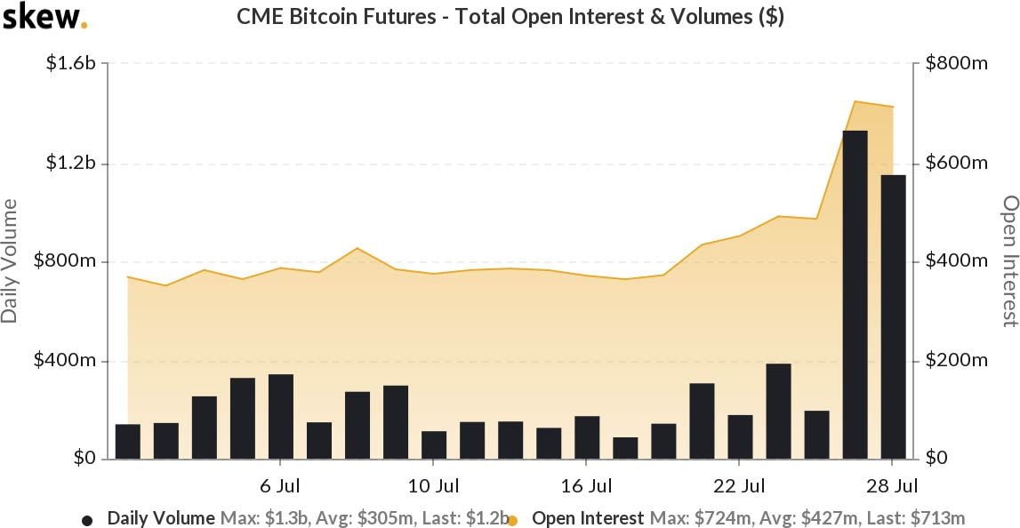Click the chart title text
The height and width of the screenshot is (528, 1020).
tap(510, 17)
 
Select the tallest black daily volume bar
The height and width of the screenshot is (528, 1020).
tap(855, 294)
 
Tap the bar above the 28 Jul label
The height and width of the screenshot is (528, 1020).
tap(893, 316)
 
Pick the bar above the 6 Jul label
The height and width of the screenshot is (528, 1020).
tap(281, 416)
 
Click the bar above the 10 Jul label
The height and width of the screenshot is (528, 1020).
tap(434, 444)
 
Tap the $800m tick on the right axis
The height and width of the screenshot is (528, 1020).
tap(956, 64)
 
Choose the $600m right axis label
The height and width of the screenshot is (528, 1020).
tap(956, 164)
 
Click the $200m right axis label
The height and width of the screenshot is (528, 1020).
tap(956, 361)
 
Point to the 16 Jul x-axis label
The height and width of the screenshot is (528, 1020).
tap(587, 486)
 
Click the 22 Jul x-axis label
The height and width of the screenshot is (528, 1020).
tap(740, 486)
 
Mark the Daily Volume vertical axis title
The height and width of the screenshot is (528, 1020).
tap(10, 261)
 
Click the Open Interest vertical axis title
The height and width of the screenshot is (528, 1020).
tap(1009, 261)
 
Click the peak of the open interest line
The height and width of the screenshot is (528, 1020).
tap(855, 101)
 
